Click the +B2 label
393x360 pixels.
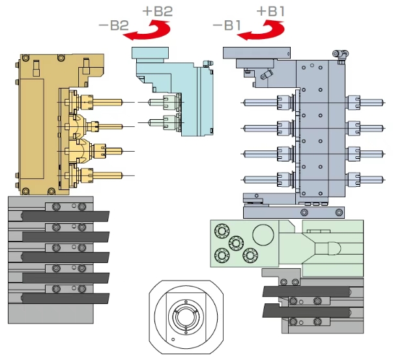click(158, 12)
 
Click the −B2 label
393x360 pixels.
click(114, 25)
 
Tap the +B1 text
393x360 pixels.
click(270, 12)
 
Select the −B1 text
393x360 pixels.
click(227, 25)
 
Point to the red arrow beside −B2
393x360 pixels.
click(151, 34)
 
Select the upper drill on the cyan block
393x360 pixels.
click(162, 102)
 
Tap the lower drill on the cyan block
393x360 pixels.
click(162, 122)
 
